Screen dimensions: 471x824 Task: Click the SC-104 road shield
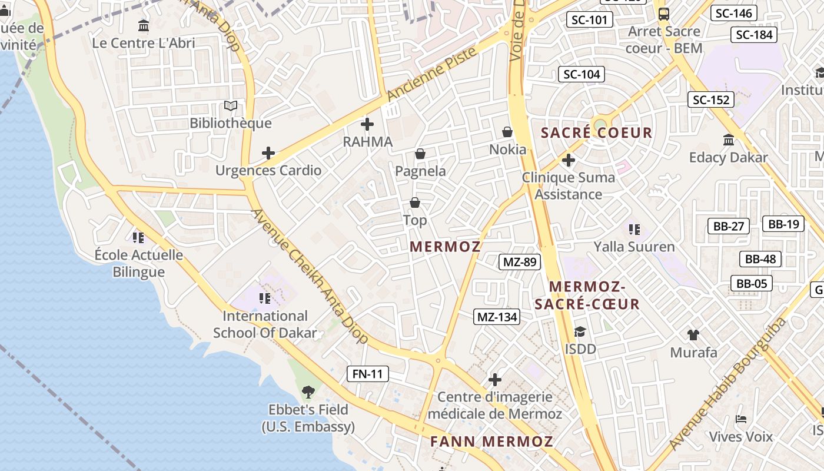point(582,74)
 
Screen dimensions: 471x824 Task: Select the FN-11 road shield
point(368,373)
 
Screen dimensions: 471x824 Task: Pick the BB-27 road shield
point(728,225)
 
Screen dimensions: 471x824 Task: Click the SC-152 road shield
point(711,100)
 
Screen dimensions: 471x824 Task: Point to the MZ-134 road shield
point(497,317)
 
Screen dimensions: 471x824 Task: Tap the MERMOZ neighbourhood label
point(445,247)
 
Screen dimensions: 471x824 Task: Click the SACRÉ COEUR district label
point(596,133)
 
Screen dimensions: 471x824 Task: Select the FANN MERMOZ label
point(491,442)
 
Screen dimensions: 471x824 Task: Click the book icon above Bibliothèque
point(231,106)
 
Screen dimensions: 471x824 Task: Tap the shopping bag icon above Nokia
point(507,132)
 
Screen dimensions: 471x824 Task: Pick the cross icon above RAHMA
point(367,124)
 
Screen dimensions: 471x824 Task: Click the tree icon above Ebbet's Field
point(308,392)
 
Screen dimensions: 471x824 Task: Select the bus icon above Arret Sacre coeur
point(664,14)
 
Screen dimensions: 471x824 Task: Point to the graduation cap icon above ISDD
point(580,331)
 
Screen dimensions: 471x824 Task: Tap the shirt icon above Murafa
point(693,335)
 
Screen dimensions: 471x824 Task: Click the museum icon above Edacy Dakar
point(729,140)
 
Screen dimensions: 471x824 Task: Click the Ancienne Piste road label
point(431,74)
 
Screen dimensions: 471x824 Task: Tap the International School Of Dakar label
point(265,324)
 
